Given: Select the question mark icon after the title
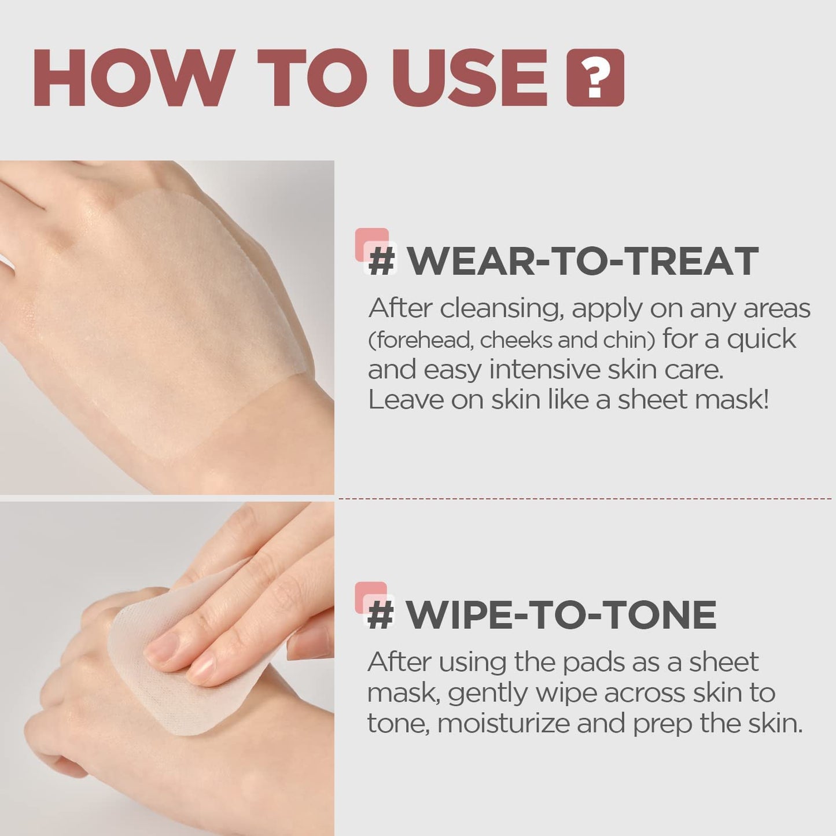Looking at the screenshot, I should pos(595,78).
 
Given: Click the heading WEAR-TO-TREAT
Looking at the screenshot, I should pos(582,261).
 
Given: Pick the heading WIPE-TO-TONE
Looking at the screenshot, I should pos(561,614).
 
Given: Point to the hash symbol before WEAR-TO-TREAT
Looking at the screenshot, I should pos(382,262).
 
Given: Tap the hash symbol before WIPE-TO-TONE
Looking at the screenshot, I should pos(381,615).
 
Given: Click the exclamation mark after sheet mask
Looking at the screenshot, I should pos(765,400).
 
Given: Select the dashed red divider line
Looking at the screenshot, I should pos(584,498).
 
